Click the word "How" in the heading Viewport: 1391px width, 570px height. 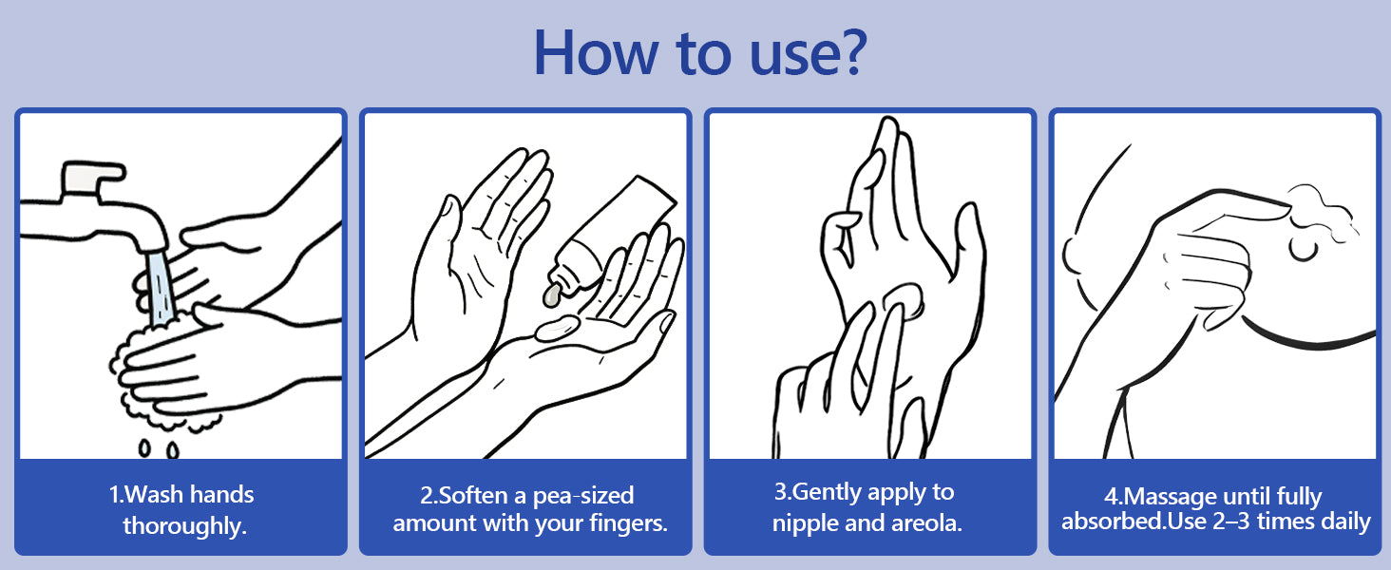(594, 53)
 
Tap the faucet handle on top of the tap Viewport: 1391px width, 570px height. (92, 177)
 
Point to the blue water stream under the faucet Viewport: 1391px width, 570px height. (161, 288)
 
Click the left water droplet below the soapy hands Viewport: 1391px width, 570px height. (144, 447)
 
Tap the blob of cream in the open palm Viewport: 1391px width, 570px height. (557, 328)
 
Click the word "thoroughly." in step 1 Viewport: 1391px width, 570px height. (184, 525)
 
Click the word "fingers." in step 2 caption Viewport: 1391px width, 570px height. (628, 522)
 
